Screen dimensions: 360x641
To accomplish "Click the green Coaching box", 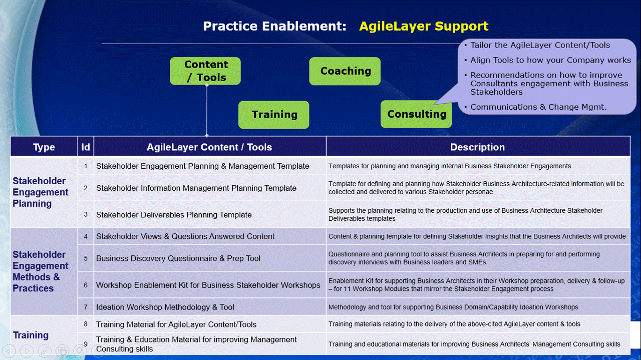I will click(345, 71).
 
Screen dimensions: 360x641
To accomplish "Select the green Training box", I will click(273, 115).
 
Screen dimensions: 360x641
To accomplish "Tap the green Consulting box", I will click(416, 114).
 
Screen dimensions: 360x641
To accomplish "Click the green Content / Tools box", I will click(205, 71).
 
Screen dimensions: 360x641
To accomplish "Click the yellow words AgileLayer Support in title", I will click(423, 27).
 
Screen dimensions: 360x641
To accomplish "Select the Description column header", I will click(477, 147).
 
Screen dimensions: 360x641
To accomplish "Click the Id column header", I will click(86, 147).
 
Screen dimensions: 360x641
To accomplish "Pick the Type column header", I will click(44, 147).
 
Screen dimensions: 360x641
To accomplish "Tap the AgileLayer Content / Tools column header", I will click(209, 147).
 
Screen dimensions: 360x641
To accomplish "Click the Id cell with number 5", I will click(86, 258).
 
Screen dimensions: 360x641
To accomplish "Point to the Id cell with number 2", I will click(86, 188).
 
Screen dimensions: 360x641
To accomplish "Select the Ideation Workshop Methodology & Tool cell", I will click(165, 307).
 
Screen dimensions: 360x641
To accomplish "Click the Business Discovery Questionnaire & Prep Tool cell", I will click(178, 258).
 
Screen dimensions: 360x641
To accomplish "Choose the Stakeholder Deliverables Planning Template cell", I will click(174, 215).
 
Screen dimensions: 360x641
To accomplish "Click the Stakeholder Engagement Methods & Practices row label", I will click(41, 271).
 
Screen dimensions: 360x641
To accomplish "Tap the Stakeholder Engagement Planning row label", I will click(41, 192).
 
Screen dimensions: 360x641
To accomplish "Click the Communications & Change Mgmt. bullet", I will click(538, 107).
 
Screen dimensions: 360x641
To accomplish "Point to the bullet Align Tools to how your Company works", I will click(550, 60).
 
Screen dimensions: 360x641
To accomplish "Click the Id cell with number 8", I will click(86, 324).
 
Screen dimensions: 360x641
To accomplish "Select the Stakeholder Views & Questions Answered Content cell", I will click(185, 236).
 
